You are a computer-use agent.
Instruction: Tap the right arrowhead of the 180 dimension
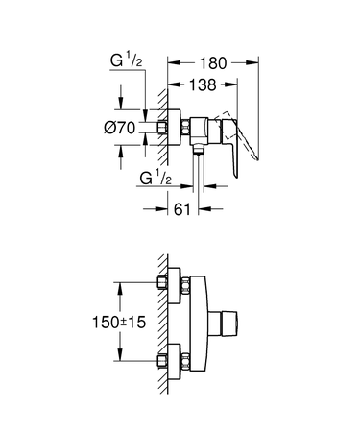(256, 63)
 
